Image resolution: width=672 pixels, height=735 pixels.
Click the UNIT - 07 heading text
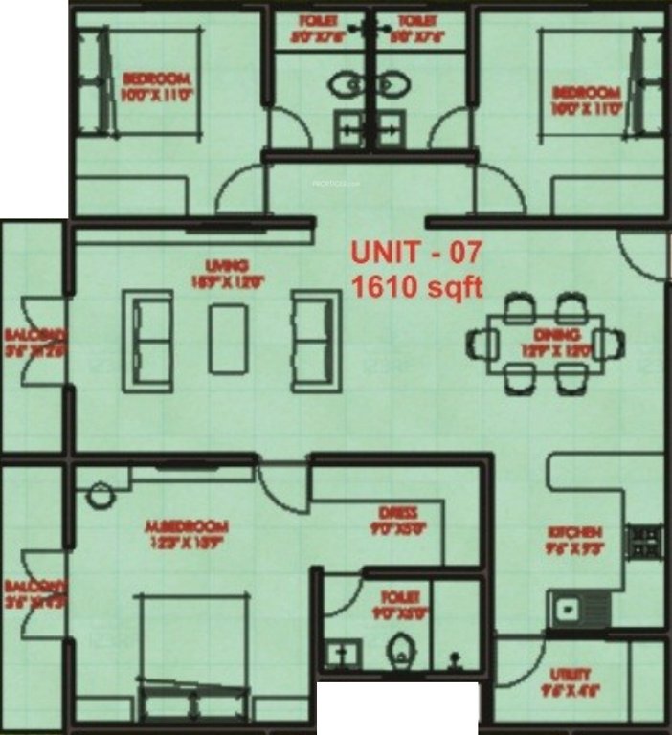click(416, 253)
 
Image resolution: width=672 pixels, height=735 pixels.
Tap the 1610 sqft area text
click(416, 285)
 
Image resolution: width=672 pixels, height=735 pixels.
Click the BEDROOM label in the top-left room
click(157, 79)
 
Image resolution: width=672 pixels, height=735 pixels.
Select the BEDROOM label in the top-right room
click(588, 93)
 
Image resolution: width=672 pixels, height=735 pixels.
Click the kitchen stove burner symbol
click(643, 542)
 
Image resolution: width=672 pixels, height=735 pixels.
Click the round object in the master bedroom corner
click(99, 496)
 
